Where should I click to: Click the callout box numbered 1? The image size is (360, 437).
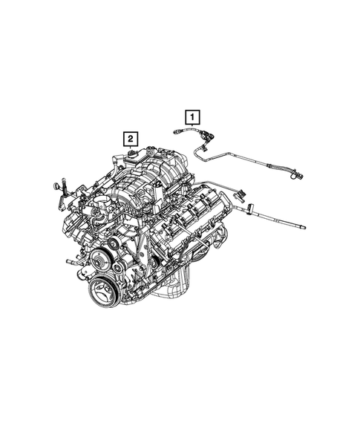192,116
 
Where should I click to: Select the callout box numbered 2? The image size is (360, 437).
130,138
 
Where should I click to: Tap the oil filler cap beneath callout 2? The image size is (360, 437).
131,154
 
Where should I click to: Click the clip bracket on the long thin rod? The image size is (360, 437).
251,204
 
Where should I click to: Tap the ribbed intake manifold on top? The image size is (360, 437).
148,178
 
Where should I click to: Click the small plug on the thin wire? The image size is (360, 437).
240,194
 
